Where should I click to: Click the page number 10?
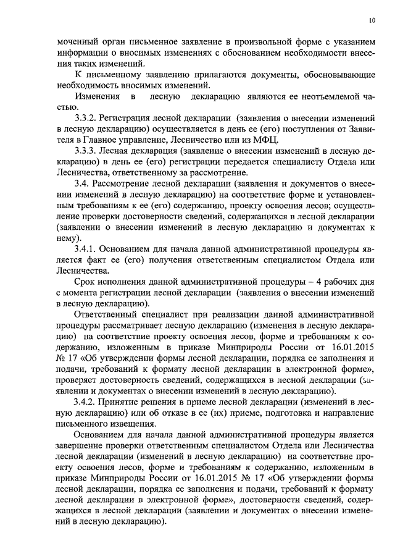(x=372, y=20)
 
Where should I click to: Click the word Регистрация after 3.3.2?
(x=133, y=118)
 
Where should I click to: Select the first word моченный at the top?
(x=77, y=42)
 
